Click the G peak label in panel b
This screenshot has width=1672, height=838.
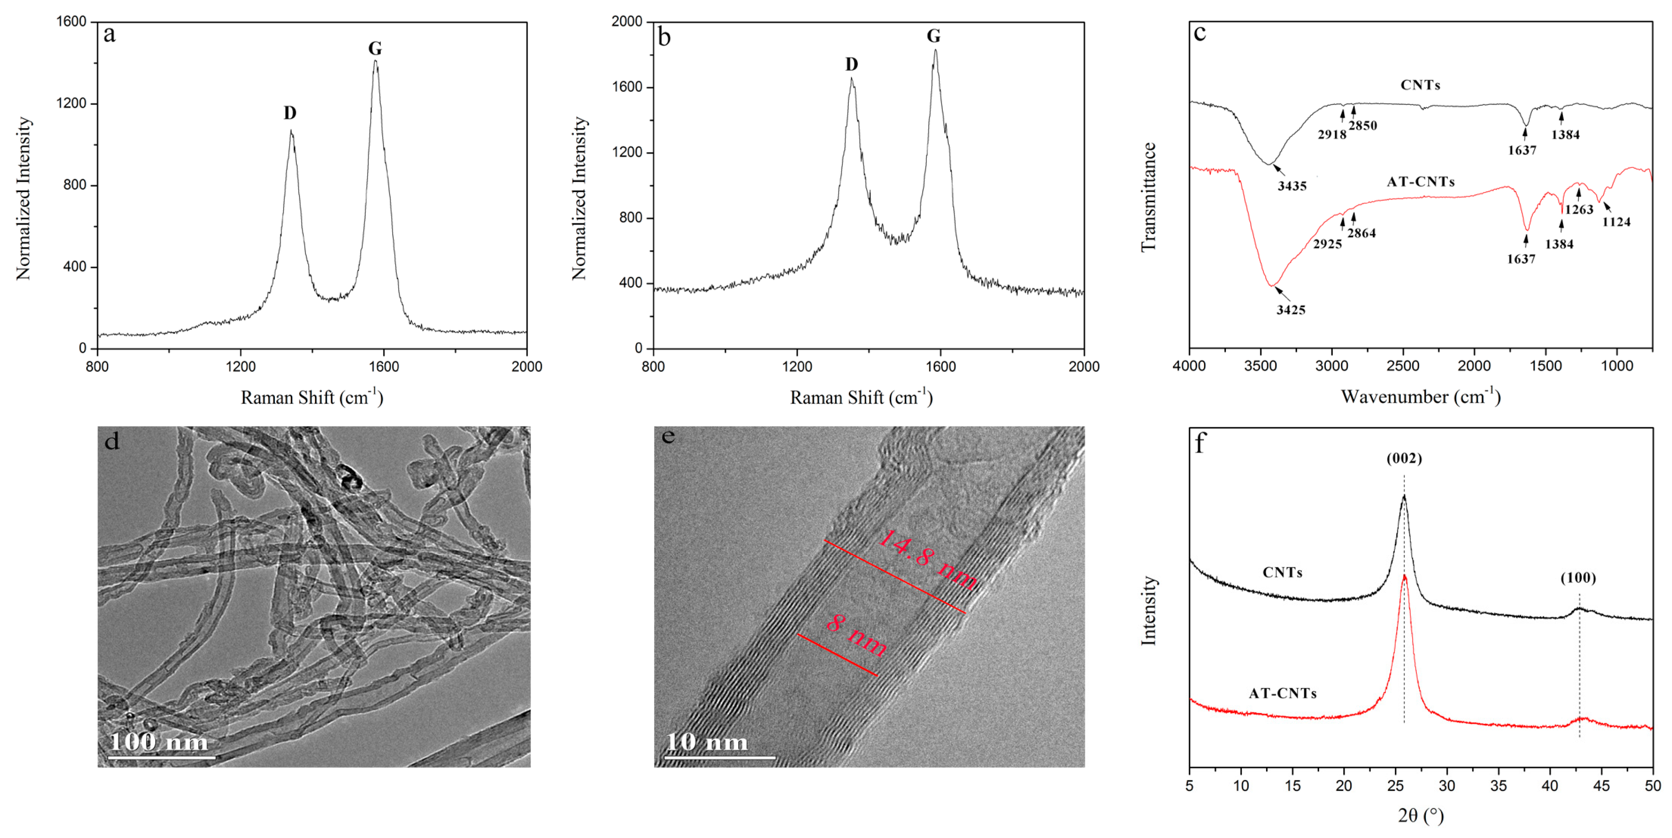[x=933, y=36]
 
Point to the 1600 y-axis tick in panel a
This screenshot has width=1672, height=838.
[x=71, y=21]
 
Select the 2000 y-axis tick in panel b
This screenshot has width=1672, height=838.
[x=626, y=21]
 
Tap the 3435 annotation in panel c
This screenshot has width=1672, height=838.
[x=1292, y=186]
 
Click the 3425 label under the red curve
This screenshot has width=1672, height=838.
[x=1290, y=310]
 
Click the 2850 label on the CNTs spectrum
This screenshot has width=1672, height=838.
[x=1362, y=126]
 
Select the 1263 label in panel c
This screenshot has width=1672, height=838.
[x=1578, y=209]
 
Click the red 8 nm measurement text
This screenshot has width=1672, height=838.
[x=856, y=635]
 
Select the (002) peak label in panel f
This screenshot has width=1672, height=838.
[x=1404, y=458]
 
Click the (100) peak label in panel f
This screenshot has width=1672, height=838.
[x=1578, y=578]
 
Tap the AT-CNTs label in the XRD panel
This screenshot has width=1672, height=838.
[x=1283, y=693]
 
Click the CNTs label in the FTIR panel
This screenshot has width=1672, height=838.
[x=1420, y=85]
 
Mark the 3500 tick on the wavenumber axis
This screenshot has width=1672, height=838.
[x=1261, y=366]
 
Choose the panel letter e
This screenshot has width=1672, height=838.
[x=668, y=436]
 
